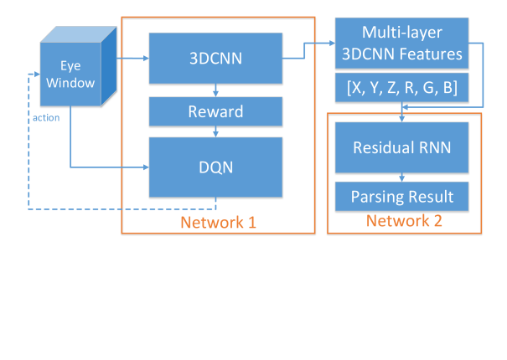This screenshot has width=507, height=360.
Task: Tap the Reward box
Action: point(216,111)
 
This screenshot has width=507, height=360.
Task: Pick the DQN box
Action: point(216,167)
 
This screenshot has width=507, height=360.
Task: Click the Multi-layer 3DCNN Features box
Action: point(401,44)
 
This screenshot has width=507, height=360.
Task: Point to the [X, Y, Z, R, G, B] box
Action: point(401,88)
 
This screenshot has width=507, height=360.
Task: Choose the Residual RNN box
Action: point(401,147)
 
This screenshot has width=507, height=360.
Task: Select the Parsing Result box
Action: point(401,197)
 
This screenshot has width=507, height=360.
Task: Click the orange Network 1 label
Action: point(218,223)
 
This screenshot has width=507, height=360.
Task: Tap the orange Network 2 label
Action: point(404,221)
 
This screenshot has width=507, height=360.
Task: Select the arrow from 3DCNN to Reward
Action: point(217,90)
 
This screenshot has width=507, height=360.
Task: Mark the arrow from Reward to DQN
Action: point(217,131)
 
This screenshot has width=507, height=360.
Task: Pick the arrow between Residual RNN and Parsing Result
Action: point(401,177)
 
